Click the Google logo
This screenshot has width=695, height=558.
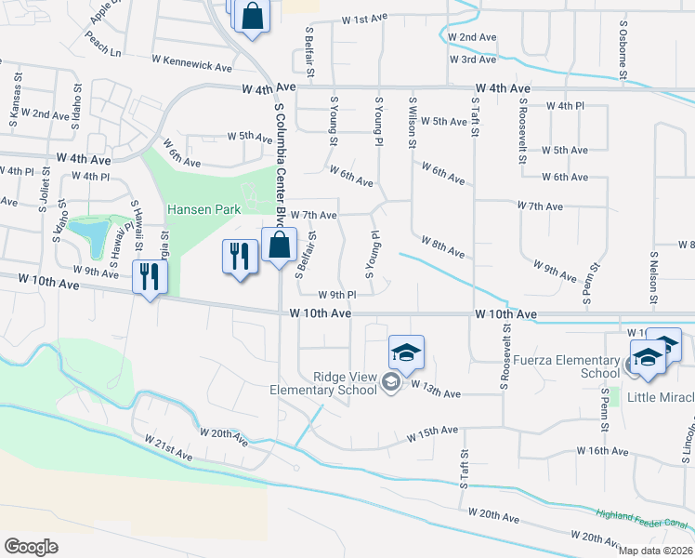point(31,546)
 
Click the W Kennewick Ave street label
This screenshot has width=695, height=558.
point(192,67)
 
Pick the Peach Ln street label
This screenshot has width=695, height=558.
point(103,43)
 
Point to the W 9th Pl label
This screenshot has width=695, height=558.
point(337,295)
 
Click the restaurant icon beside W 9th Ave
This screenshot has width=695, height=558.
point(149,275)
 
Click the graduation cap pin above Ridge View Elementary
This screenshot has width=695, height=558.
point(406,352)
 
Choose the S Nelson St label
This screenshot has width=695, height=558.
point(654,277)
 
